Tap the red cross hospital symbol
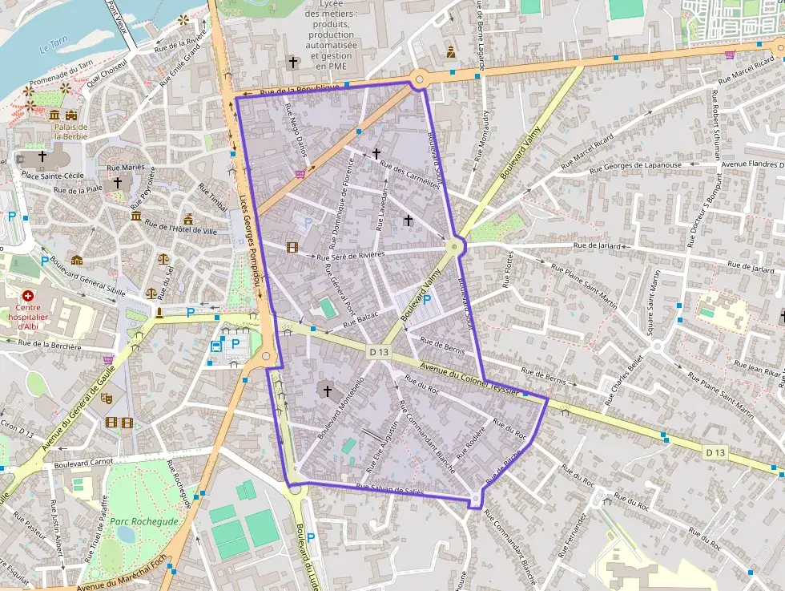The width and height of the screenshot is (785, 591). [28, 296]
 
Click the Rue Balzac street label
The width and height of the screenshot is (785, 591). [359, 320]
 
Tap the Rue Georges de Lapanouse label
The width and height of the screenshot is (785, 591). [635, 167]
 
